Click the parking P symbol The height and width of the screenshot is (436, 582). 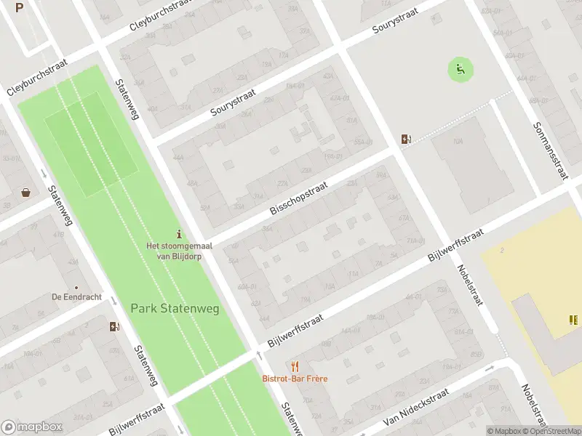click(x=20, y=8)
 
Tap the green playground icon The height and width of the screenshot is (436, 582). click(x=460, y=70)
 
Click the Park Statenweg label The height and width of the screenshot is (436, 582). click(x=175, y=308)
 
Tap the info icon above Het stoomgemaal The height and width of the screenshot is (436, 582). click(x=179, y=233)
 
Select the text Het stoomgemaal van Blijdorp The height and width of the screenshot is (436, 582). click(x=175, y=251)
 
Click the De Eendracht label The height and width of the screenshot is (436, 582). click(x=76, y=296)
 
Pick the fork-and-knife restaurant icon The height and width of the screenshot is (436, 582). click(x=295, y=366)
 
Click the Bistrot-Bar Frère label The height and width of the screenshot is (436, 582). click(x=295, y=379)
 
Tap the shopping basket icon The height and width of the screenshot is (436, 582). click(x=26, y=193)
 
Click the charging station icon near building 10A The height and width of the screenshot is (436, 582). click(x=405, y=139)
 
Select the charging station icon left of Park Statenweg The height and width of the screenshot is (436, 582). click(x=113, y=326)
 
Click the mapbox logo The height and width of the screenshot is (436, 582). click(x=32, y=427)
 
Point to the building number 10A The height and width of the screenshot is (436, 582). click(x=458, y=141)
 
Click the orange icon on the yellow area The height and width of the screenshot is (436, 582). click(x=574, y=319)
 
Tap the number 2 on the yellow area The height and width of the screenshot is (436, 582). click(x=502, y=251)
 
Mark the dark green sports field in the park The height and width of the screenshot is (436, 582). click(x=90, y=143)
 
